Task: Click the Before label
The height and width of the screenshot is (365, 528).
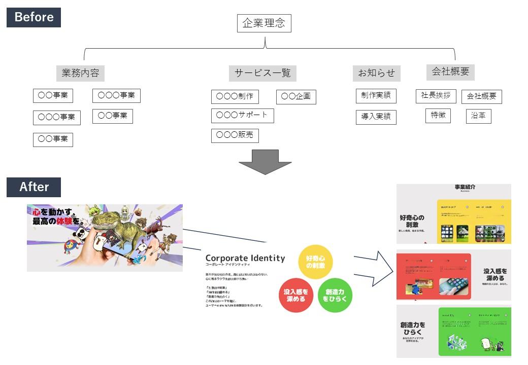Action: (x=34, y=17)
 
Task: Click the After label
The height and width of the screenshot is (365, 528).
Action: (x=34, y=187)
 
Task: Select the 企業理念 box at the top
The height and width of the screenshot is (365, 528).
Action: (x=264, y=23)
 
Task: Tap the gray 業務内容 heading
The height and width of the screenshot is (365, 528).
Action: (x=80, y=73)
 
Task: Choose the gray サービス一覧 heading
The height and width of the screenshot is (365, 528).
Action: (x=262, y=73)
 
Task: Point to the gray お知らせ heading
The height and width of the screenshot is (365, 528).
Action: (x=376, y=73)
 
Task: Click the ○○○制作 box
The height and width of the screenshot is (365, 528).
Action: (x=235, y=97)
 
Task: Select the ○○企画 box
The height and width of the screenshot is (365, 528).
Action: (x=296, y=97)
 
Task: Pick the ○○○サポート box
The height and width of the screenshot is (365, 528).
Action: (x=242, y=116)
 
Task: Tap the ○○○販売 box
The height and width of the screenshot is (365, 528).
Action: (x=235, y=136)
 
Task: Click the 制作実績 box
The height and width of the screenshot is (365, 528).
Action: (x=376, y=96)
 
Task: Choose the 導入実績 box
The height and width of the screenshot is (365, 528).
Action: (x=376, y=117)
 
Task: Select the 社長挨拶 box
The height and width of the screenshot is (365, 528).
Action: (x=436, y=96)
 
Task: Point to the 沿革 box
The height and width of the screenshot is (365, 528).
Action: (x=478, y=116)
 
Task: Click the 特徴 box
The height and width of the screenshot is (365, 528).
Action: (x=438, y=116)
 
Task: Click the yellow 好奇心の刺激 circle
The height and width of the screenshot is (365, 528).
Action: (x=315, y=262)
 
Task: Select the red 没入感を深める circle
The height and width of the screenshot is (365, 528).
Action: (x=296, y=295)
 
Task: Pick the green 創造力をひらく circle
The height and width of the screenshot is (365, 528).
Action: (x=335, y=295)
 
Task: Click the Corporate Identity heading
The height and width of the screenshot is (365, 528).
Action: (x=245, y=258)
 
